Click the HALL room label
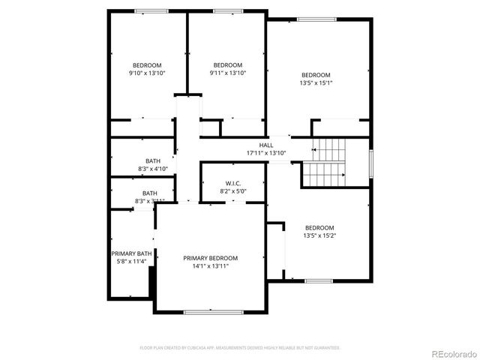click(266, 145)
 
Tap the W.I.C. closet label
click(232, 184)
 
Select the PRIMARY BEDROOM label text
click(211, 257)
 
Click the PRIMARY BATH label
click(131, 253)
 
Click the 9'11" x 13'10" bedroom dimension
click(227, 73)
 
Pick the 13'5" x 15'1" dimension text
click(316, 83)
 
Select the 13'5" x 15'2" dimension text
click(319, 235)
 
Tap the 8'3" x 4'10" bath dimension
click(152, 169)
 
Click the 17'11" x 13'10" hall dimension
click(266, 153)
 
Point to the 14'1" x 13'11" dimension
click(211, 265)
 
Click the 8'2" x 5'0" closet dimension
click(232, 192)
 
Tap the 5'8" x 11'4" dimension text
click(131, 262)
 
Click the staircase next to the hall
click(325, 164)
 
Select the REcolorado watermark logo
click(451, 352)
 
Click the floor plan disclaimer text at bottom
click(240, 348)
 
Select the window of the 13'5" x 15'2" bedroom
click(318, 280)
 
